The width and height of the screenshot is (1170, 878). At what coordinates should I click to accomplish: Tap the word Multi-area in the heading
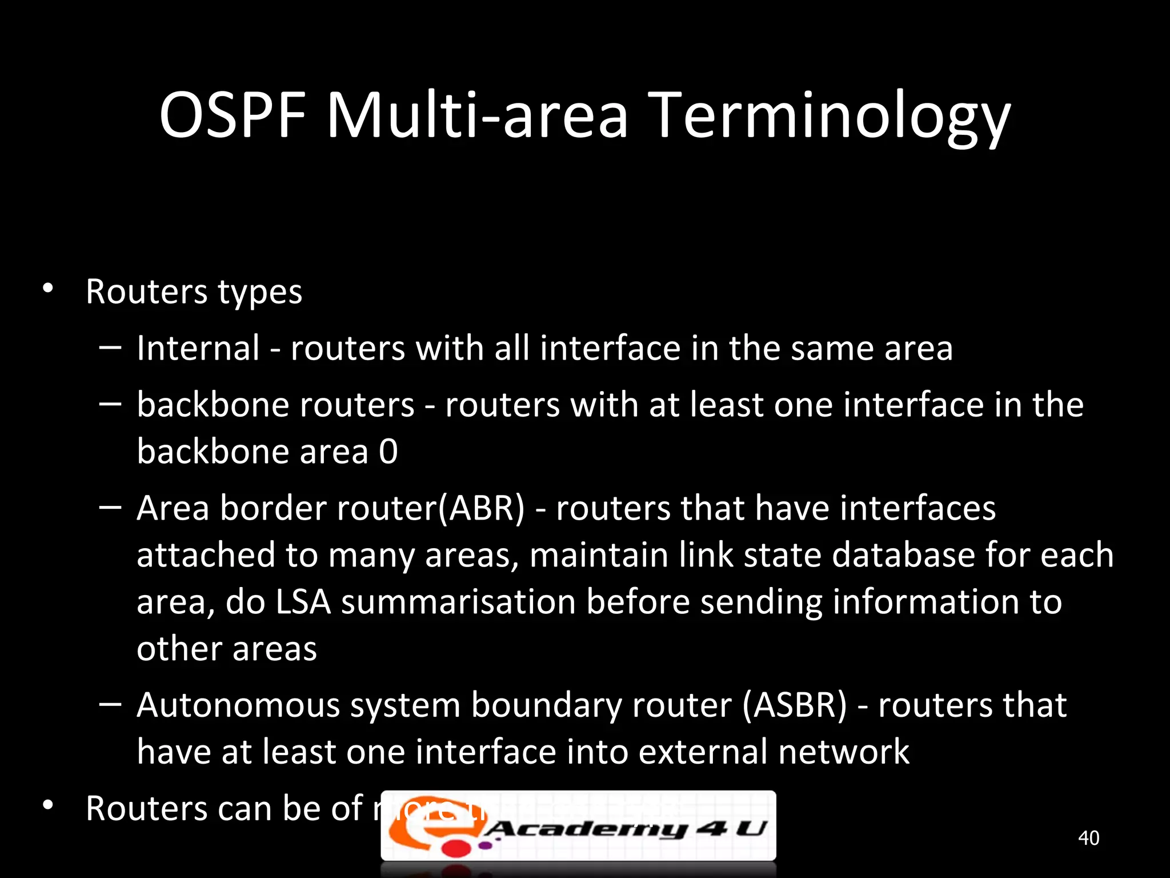coord(477,115)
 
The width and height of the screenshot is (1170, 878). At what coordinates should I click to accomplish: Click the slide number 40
coord(1088,838)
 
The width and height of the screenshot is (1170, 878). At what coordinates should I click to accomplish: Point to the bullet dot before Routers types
coord(48,288)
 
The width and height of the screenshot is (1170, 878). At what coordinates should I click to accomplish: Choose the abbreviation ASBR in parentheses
coord(795,705)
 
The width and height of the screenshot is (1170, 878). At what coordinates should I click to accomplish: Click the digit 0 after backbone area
coord(388,452)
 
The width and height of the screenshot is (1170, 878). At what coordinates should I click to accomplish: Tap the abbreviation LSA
coord(303,602)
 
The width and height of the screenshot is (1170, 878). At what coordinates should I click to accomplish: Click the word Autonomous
coord(238,705)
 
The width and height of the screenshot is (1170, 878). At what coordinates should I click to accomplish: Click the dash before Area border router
coord(110,507)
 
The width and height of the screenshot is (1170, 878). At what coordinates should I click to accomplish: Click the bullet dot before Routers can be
coord(48,805)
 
